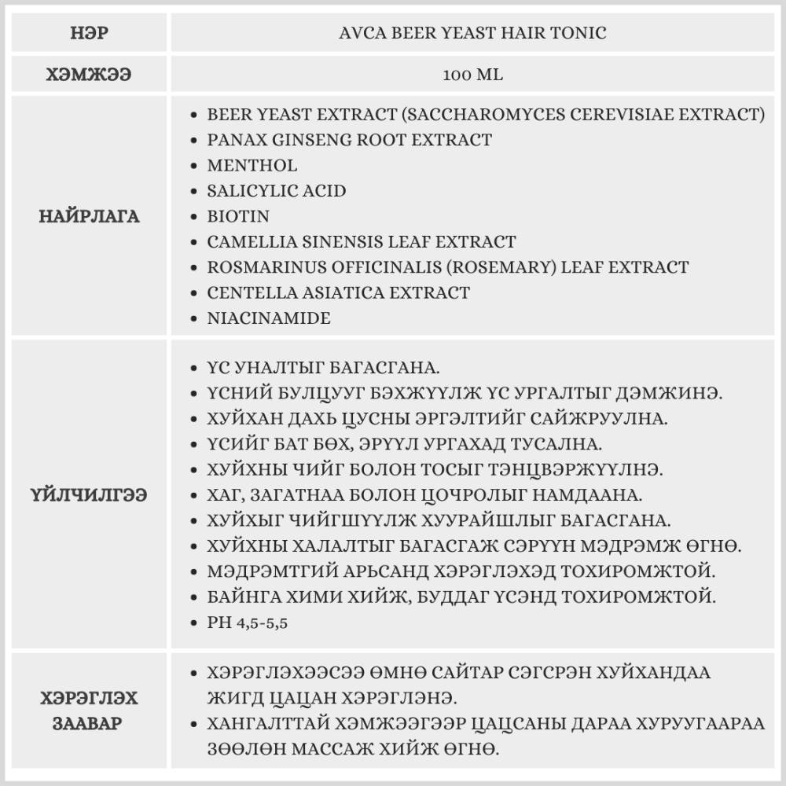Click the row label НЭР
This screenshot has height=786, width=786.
89,33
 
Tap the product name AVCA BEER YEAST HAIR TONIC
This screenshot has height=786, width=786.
472,33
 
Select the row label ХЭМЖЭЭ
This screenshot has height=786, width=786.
89,75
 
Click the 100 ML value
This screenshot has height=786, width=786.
472,75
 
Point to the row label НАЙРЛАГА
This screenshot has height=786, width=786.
89,216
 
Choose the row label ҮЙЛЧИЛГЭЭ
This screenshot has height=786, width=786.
89,495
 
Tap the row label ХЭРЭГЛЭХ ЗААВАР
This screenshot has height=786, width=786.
89,711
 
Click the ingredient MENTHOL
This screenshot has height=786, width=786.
252,165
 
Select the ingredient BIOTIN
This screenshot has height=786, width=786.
238,216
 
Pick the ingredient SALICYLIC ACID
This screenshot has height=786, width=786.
277,191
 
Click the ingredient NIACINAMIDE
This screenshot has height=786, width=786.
269,318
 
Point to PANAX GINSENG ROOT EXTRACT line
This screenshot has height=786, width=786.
350,140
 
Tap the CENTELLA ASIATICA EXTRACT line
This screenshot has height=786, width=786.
339,292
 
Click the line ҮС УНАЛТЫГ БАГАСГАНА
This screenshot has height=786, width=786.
323,368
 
